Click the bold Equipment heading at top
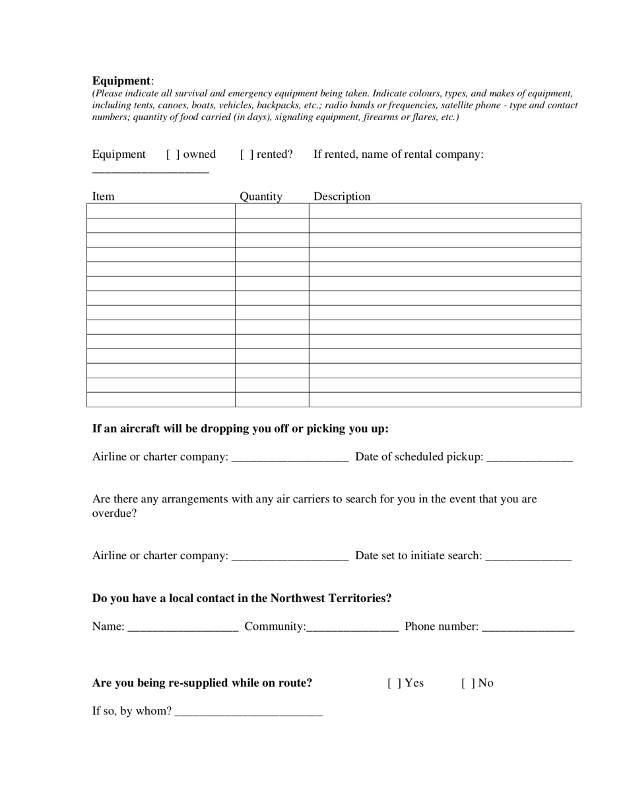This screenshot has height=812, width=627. pos(121,81)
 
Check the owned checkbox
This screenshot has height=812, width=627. pos(173,154)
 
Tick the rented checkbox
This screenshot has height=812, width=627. pos(247,154)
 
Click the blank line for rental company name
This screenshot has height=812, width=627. pos(150,170)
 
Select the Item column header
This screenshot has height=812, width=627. pos(103,196)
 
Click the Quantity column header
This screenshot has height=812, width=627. pos(261,196)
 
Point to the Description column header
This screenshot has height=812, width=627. pos(342,196)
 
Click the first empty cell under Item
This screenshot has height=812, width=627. pos(160,211)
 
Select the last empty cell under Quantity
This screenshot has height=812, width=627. pos(272,399)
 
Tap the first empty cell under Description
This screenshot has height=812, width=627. pos(445,211)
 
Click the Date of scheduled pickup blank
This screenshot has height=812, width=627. pos(529,457)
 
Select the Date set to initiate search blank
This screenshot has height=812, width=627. pos(528,557)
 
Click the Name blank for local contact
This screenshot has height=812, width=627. pos(183,627)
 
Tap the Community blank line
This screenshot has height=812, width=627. pos(352,627)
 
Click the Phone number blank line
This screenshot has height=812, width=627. pos(528,627)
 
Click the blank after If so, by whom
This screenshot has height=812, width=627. pos(249,712)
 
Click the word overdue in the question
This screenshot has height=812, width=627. pos(114,513)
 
